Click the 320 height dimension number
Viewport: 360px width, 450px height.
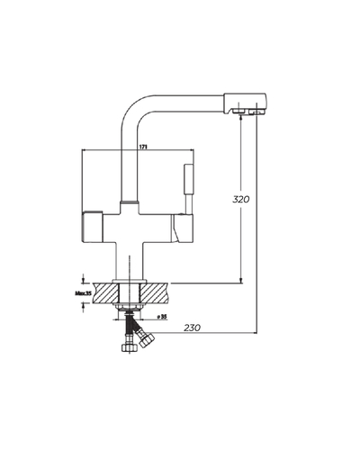coord(240,199)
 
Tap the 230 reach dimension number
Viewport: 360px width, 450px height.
coord(192,328)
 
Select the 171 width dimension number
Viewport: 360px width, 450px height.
coord(143,147)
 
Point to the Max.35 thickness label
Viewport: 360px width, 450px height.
coord(83,293)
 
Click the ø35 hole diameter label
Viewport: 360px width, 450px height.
coord(162,317)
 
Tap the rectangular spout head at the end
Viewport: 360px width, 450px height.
coord(245,103)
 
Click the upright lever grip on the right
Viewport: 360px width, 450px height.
coord(189,179)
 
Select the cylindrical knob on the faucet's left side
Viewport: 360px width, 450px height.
coord(93,227)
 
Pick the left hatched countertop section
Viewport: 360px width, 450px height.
coord(106,293)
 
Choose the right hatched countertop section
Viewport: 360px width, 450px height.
coord(154,293)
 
